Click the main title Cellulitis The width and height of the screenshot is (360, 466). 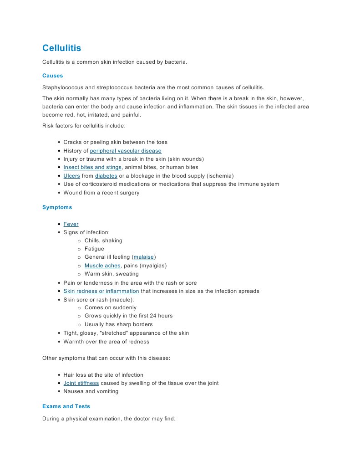point(61,48)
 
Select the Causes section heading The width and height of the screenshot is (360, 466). point(52,76)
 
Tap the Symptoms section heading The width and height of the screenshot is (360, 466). point(57,207)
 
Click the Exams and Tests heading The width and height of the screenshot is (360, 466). point(66,406)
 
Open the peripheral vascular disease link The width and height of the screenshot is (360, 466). point(126,151)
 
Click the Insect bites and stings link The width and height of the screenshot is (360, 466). point(92,168)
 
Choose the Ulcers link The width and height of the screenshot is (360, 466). point(71,176)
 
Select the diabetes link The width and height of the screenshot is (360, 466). point(106,176)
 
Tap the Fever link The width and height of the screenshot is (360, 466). point(71,224)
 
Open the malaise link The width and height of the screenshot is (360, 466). point(143,257)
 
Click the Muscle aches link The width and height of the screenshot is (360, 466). point(102,266)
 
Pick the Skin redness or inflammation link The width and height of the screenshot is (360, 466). point(101,291)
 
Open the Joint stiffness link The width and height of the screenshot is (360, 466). point(81,383)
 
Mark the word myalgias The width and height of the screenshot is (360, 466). point(153,266)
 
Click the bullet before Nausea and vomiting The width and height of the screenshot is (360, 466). point(59,392)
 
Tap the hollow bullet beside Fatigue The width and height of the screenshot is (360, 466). point(79,249)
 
